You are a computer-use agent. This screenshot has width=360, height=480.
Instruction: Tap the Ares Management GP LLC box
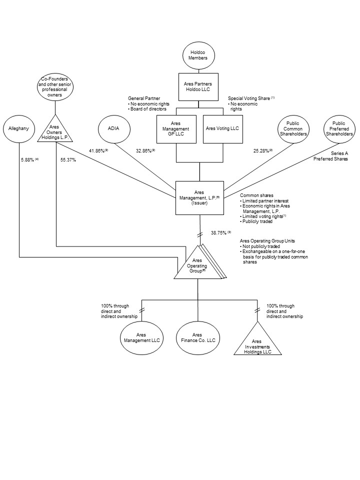tap(176, 128)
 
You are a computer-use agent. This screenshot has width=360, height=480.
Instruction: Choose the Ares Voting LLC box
tap(222, 128)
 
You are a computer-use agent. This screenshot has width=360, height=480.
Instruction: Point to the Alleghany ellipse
tap(19, 128)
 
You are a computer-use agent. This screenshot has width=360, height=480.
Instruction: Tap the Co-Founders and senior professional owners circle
tap(54, 87)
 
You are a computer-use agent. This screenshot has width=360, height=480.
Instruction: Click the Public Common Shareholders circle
tap(292, 128)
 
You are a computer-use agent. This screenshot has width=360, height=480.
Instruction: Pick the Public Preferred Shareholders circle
tap(338, 128)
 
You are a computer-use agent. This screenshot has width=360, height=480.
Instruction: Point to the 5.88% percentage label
tap(30, 160)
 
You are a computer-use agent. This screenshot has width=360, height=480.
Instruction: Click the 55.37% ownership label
tap(68, 160)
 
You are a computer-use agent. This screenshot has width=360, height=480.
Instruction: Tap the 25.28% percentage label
tap(263, 150)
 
